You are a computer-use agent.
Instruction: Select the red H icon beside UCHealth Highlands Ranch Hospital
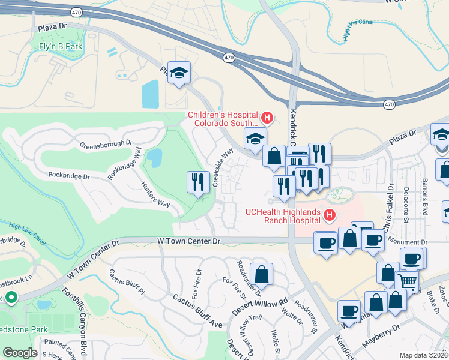328,214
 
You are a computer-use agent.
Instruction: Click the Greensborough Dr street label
106,144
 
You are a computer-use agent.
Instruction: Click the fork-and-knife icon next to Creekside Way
199,182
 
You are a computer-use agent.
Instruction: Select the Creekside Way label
222,168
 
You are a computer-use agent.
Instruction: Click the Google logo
20,353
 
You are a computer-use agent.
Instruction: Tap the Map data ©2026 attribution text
423,355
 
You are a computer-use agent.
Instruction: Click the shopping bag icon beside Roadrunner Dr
261,275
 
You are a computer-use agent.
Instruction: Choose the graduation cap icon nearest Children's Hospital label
255,139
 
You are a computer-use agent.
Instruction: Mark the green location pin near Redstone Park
10,297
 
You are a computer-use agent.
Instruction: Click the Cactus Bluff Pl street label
127,283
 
